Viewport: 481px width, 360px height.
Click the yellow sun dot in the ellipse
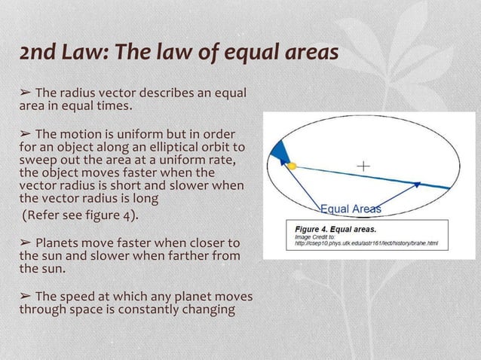coord(292,165)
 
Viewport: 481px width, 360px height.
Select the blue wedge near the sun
coord(280,153)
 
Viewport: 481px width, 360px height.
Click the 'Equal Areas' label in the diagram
coord(351,209)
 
